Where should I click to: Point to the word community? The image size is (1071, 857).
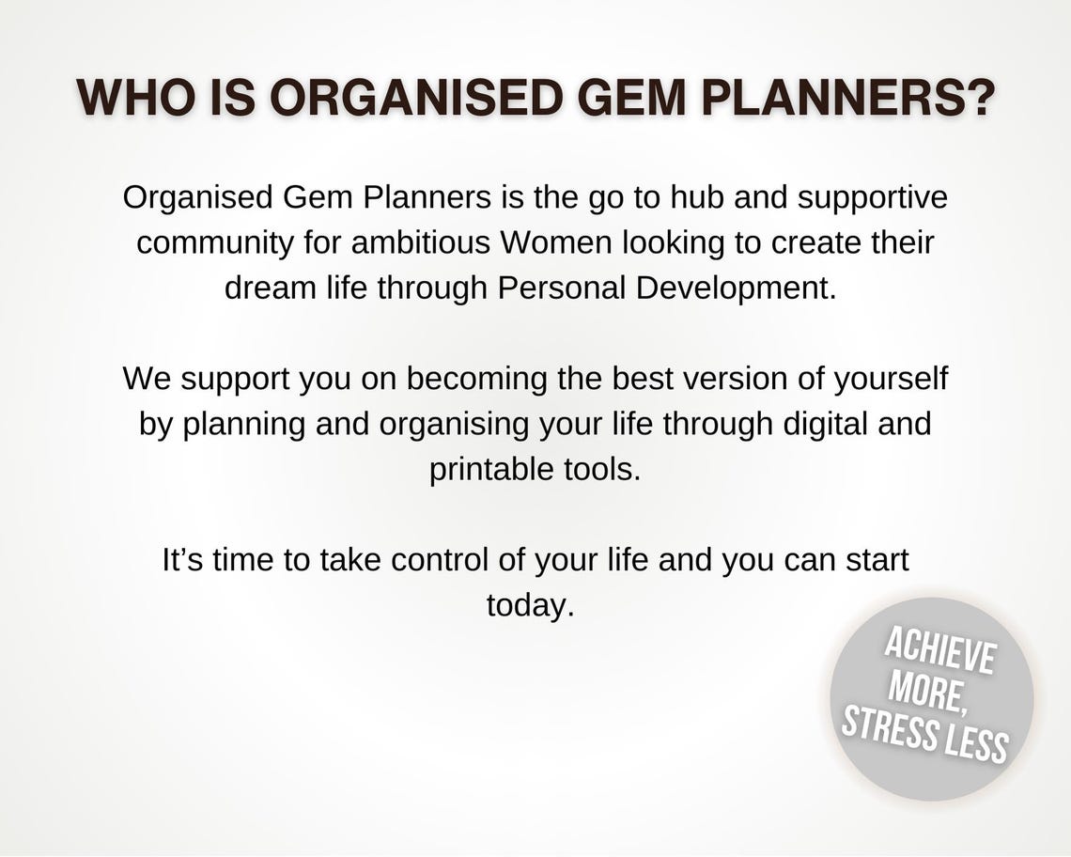coord(214,243)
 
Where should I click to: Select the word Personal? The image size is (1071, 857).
coord(561,288)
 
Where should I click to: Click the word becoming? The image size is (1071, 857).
coord(476,380)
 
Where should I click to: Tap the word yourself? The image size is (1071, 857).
coord(891,380)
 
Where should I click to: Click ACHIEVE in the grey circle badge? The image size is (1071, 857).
coord(939,653)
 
